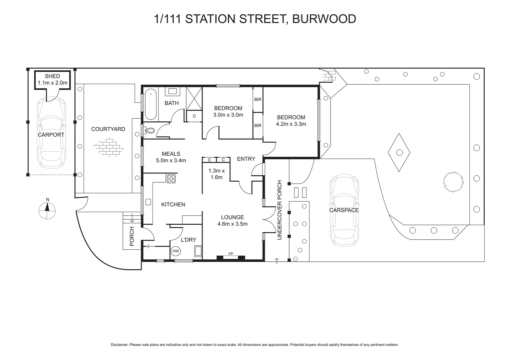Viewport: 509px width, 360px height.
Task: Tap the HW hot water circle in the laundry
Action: coord(176,251)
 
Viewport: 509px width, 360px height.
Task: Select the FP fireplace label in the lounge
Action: coord(231,254)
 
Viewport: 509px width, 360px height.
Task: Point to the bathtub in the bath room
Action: coord(151,104)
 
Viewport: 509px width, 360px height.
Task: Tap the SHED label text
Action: coord(53,76)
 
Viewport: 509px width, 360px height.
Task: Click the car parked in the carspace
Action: coord(344,212)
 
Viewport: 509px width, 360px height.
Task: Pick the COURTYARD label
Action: coord(108,129)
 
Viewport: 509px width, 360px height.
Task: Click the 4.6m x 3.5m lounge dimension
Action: coord(233,224)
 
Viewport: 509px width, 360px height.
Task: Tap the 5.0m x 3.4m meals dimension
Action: coord(171,160)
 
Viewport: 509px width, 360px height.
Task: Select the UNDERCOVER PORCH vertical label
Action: coord(279,210)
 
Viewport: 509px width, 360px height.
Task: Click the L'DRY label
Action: coord(189,240)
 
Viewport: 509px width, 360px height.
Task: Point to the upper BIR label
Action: coord(258,99)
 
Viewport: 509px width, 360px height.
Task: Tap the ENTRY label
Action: coord(246,159)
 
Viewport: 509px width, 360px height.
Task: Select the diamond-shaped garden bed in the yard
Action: coord(399,152)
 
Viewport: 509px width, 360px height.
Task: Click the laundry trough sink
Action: coord(198,251)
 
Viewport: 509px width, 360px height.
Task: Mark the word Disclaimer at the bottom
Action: coord(119,345)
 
